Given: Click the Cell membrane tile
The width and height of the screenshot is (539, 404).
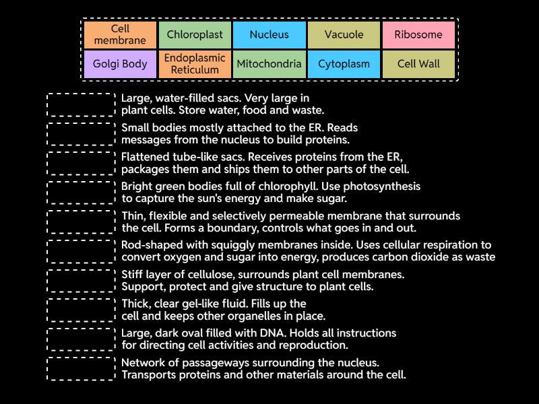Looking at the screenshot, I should [120, 35].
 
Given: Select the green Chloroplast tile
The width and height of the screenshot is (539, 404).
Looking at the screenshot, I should [195, 35].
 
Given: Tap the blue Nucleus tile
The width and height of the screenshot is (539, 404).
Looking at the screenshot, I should [269, 35].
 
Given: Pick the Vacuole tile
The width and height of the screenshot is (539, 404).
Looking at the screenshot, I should [344, 35].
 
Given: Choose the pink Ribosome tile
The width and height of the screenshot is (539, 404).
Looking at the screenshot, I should [418, 35].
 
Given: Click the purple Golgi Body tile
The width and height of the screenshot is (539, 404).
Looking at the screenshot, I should [120, 65].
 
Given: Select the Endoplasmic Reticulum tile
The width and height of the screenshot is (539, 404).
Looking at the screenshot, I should [195, 65].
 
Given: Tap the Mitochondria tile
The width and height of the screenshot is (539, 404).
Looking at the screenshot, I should [269, 65].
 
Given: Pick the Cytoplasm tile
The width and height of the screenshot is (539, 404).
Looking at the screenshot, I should [344, 65].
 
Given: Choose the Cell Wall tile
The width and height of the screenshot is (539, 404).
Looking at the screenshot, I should [418, 65].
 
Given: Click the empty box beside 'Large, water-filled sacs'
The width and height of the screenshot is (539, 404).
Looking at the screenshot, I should [82, 105].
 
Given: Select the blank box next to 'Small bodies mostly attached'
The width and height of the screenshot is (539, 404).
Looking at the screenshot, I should [82, 134].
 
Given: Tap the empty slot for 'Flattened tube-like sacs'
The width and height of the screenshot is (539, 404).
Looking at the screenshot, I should [82, 164].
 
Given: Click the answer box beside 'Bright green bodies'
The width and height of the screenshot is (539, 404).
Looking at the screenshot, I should [82, 193].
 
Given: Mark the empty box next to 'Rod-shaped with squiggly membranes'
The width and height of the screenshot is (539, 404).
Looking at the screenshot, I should [82, 251].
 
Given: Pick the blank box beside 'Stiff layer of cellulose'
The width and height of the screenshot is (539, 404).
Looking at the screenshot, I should [82, 281].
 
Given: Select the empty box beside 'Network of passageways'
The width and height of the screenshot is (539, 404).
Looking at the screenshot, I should [82, 369].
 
